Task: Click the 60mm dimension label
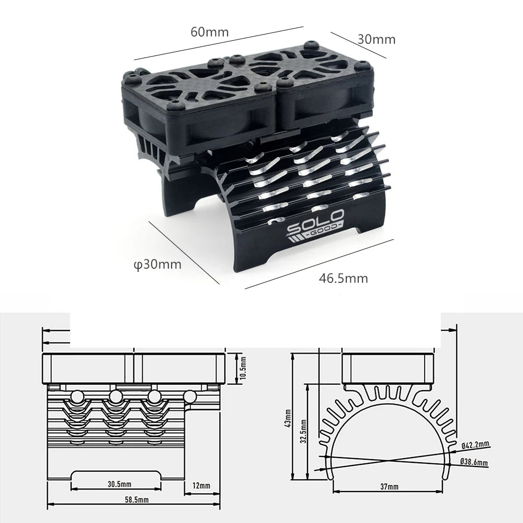coord(210,31)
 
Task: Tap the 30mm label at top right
coord(377,39)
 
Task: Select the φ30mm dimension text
coord(157,265)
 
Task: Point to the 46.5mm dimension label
coord(344,278)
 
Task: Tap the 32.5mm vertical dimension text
coord(304,433)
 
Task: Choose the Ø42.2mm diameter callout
coord(475,445)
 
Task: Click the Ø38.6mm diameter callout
coord(474,463)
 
